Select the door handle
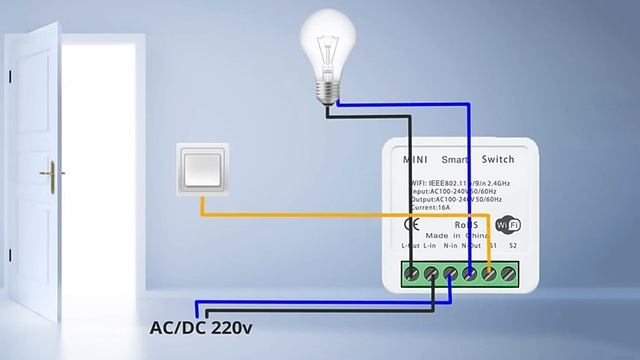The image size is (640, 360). [x=46, y=172]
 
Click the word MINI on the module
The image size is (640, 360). [x=415, y=160]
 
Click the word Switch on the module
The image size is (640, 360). [x=498, y=160]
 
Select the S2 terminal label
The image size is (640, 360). [x=512, y=245]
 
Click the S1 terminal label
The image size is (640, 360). [x=489, y=245]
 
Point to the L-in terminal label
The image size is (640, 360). [x=431, y=245]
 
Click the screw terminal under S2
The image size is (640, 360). [x=508, y=271]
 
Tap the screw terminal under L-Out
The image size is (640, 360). [x=411, y=271]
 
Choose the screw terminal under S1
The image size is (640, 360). [x=489, y=271]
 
